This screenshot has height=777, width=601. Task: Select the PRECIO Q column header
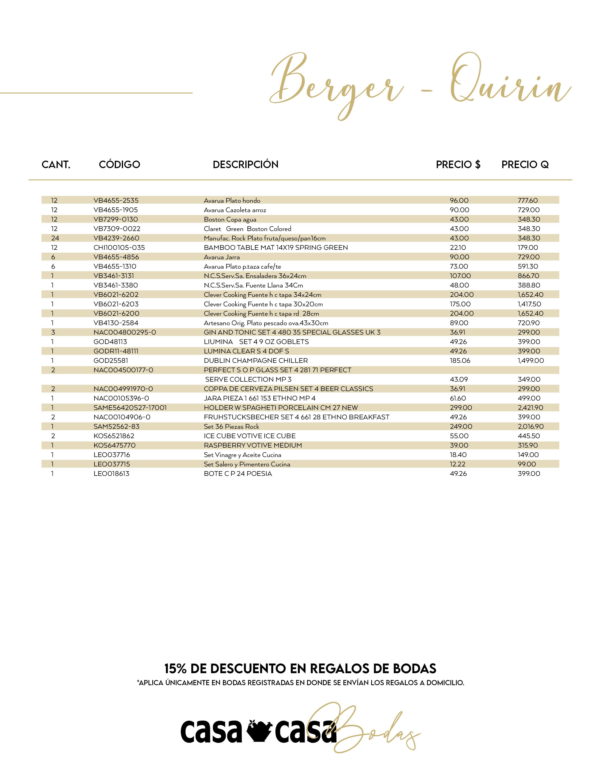pos(525,164)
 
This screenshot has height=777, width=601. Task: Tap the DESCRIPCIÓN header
pos(245,164)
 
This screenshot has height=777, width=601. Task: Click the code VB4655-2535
pos(116,201)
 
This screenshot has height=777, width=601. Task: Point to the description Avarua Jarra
pos(222,257)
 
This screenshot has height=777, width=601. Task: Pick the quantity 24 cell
pos(55,238)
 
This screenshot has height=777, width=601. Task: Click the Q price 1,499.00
pos(531,361)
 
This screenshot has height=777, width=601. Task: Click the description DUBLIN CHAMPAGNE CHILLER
pos(256,361)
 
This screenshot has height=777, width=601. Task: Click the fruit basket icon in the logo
pos(259,731)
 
